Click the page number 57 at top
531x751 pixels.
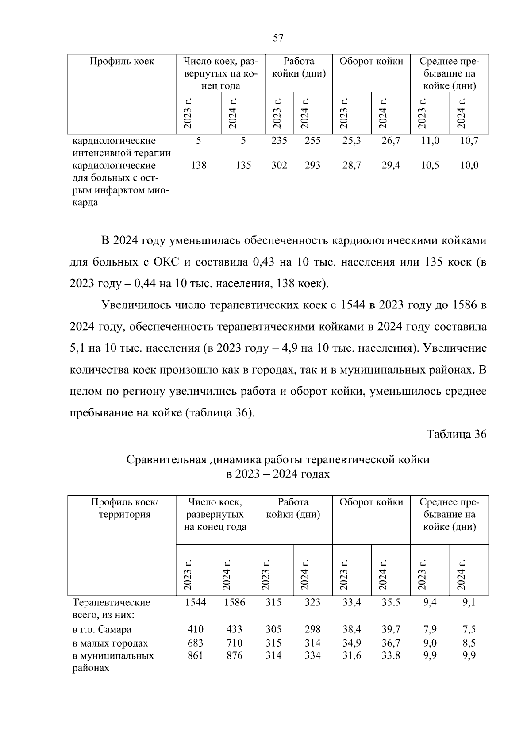tap(278, 38)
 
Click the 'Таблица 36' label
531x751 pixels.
tap(457, 434)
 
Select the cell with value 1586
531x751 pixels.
tap(235, 602)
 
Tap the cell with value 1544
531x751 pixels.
tap(196, 602)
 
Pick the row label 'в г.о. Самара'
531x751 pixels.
tap(102, 629)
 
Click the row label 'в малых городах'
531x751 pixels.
tap(110, 643)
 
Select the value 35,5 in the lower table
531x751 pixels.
tap(391, 602)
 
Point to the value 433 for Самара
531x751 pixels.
tap(235, 629)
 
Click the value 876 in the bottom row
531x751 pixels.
tap(235, 655)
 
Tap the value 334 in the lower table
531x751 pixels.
tap(312, 655)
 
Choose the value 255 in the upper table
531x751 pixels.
tap(312, 141)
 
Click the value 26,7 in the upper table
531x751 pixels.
tap(391, 141)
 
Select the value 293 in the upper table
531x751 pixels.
tap(312, 166)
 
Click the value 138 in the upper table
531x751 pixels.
tap(198, 166)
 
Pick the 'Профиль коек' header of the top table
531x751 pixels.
tap(122, 62)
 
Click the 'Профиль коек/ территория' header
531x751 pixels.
tap(124, 508)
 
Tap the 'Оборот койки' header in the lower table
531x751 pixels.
tap(371, 502)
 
